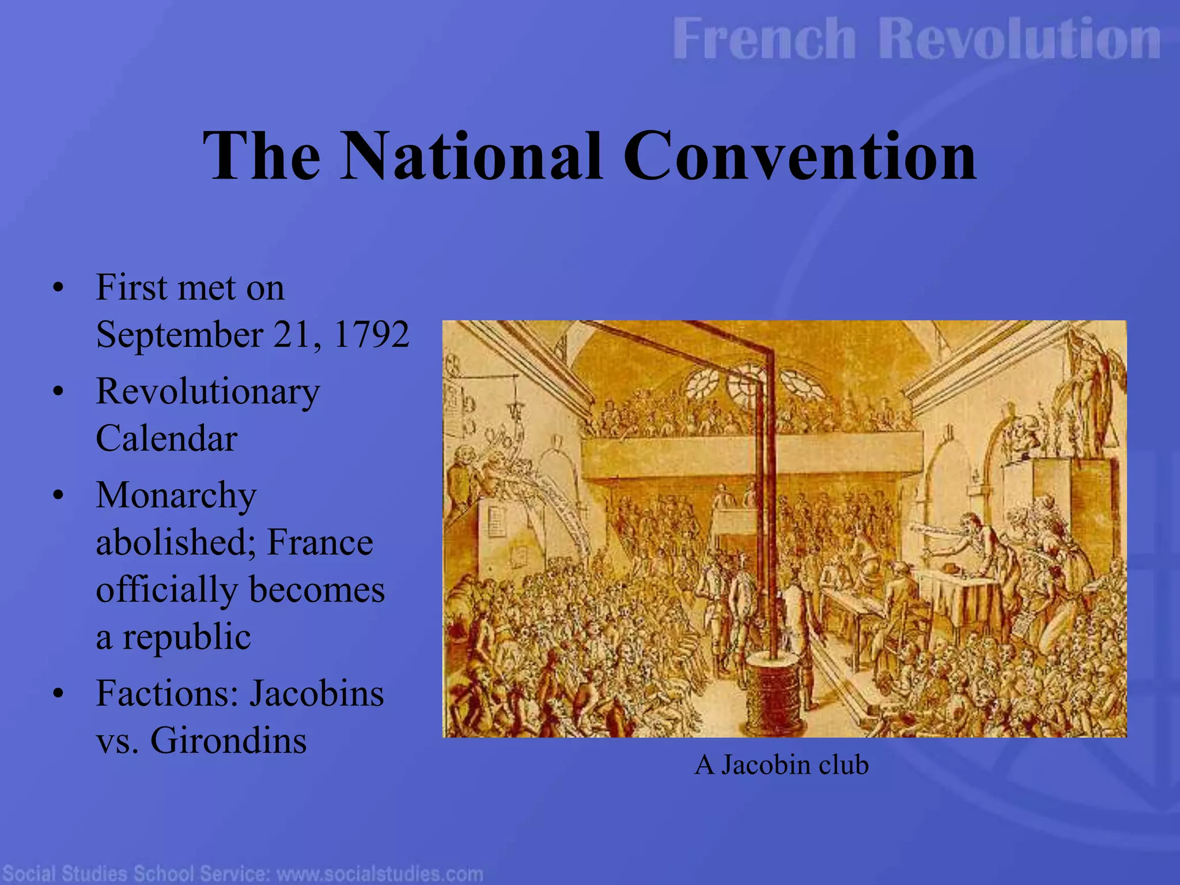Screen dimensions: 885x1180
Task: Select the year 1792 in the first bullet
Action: (x=371, y=334)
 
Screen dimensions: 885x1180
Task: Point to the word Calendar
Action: (x=167, y=438)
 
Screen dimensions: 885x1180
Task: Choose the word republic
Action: (x=186, y=637)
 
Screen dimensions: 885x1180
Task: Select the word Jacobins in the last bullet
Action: (x=316, y=693)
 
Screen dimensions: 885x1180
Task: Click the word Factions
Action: (x=167, y=693)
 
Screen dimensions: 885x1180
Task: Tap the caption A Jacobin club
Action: (x=781, y=765)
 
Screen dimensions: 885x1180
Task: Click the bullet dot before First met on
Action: (x=57, y=288)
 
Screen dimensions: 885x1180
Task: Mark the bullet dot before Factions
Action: (x=57, y=694)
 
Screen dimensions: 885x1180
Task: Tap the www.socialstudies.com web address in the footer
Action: (x=380, y=873)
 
